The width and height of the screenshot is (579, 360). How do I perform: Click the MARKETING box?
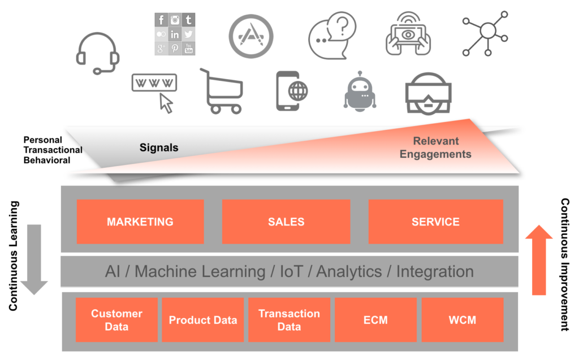click(140, 222)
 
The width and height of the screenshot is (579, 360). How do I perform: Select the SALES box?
click(286, 222)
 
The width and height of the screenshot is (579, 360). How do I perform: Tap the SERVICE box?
click(435, 222)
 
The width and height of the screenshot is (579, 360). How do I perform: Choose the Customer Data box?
click(116, 320)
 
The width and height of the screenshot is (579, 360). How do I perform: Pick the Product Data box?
click(203, 320)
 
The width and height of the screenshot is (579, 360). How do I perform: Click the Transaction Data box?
click(289, 320)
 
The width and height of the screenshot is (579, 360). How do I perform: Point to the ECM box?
click(375, 320)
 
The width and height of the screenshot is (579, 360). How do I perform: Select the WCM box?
click(462, 320)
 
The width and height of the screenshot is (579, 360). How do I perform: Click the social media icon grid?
click(175, 34)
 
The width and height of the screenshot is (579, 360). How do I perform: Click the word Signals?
click(159, 148)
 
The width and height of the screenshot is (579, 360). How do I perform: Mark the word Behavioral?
click(47, 160)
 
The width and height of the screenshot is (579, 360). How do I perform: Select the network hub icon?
click(485, 35)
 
